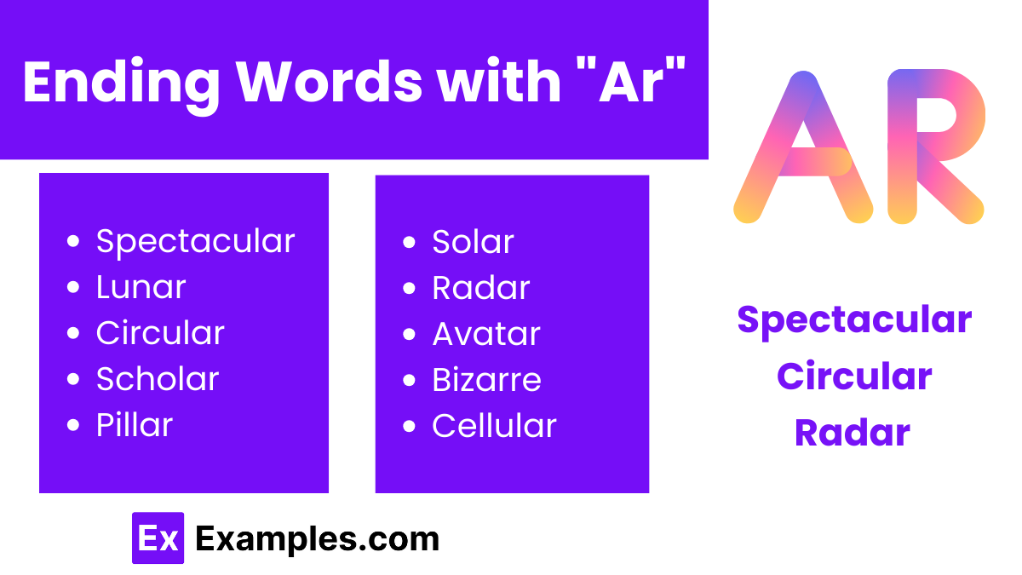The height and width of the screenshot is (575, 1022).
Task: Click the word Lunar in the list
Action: tap(141, 287)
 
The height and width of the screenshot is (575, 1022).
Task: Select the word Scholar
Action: tap(158, 379)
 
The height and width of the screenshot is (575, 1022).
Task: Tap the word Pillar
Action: tap(135, 425)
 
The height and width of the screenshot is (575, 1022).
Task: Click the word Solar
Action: tap(473, 242)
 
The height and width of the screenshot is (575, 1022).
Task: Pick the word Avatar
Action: tap(486, 334)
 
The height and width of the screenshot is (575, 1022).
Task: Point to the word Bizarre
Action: tap(486, 380)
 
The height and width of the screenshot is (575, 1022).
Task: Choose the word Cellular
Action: tap(494, 426)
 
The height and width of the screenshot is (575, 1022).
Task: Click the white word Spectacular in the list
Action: tap(195, 241)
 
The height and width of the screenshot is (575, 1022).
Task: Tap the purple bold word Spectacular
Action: tap(854, 320)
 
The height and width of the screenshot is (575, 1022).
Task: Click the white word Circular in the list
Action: tap(160, 333)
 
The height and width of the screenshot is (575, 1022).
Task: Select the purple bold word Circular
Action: tap(854, 377)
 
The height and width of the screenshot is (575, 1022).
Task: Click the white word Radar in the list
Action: tap(481, 288)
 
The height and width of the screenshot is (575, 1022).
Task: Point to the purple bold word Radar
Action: tap(853, 433)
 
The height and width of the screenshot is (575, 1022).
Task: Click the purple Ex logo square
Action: tap(158, 538)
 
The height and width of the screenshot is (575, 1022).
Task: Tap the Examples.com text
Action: tap(317, 538)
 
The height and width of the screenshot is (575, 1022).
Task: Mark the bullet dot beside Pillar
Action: tap(74, 425)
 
